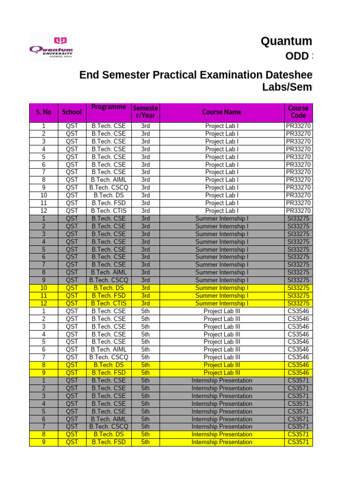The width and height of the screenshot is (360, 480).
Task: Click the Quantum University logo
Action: pos(52,47)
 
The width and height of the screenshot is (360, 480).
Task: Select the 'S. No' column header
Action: pos(44,112)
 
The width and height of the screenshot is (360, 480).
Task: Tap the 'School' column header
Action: pos(72,112)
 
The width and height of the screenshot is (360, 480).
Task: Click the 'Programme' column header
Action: pos(109,107)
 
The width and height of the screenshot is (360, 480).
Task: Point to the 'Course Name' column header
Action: pos(222,112)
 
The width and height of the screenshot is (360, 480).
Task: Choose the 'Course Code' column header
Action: pos(298,112)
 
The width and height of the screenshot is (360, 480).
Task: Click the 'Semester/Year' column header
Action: pos(145,112)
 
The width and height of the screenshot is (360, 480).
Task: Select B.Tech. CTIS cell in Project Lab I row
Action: pos(109,210)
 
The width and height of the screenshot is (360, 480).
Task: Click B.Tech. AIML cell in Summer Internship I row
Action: pos(109,272)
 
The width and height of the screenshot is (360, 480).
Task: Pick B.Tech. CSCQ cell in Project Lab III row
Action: pos(109,357)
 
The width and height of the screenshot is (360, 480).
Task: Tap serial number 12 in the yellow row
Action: pos(44,303)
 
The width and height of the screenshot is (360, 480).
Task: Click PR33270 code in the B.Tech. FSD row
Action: pos(298,203)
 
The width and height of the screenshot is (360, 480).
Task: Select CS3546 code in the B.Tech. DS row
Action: pos(298,365)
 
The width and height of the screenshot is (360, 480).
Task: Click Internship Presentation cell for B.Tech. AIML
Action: pos(222,419)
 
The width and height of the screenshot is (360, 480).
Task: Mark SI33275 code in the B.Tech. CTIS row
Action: pos(298,303)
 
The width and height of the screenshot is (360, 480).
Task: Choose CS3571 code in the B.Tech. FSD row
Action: pos(298,442)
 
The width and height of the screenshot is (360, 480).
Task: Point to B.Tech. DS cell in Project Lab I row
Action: pos(109,195)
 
